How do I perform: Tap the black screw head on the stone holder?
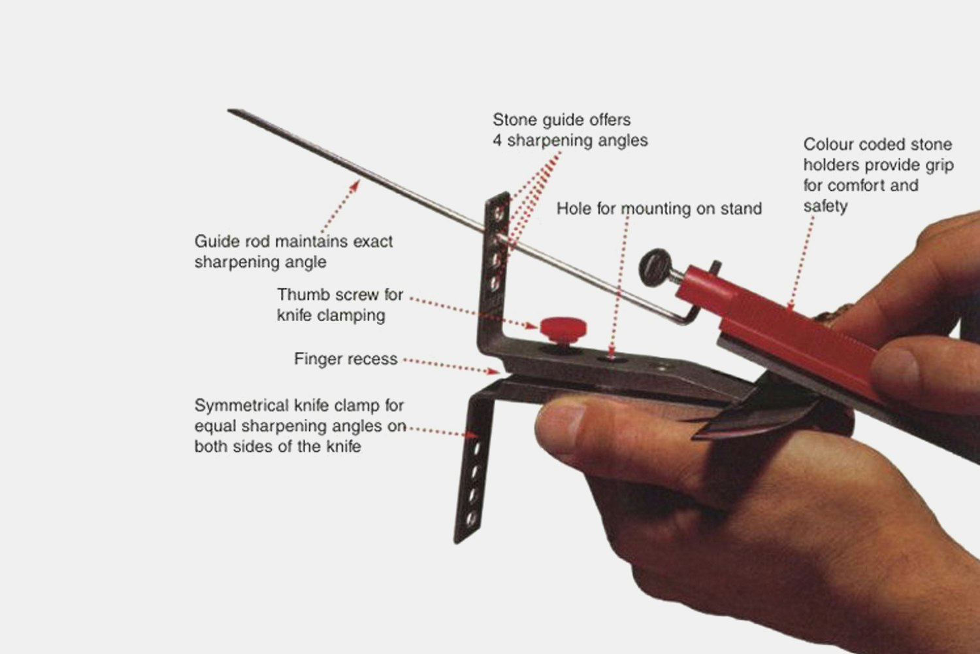(x=655, y=267)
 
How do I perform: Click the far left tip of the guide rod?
(x=230, y=111)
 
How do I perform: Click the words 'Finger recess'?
(x=346, y=359)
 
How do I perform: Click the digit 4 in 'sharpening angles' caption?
(x=498, y=141)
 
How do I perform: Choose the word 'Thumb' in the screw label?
(x=302, y=295)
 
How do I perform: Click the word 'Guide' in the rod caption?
(x=218, y=241)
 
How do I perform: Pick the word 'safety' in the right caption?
(x=825, y=207)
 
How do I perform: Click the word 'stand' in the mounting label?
(x=741, y=209)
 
